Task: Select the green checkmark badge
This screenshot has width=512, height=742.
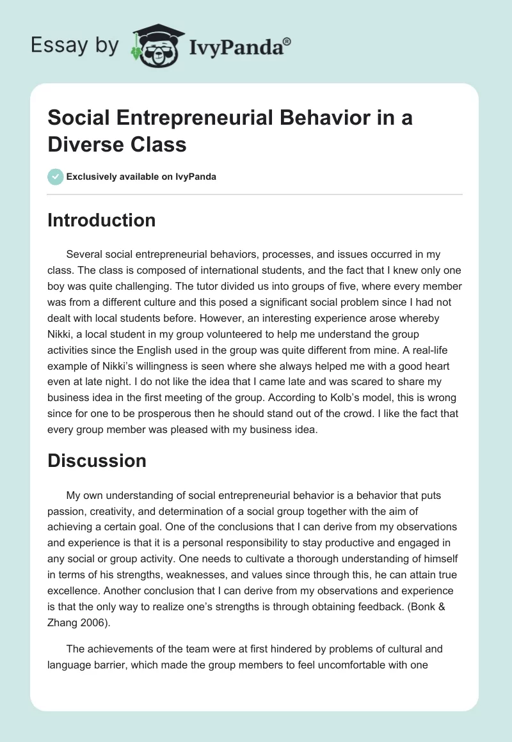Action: pos(55,177)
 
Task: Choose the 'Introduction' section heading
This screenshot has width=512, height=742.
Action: pos(101,221)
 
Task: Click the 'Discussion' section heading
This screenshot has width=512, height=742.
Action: pos(97,461)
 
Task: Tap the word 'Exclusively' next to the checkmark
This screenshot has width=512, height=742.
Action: pos(93,177)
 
